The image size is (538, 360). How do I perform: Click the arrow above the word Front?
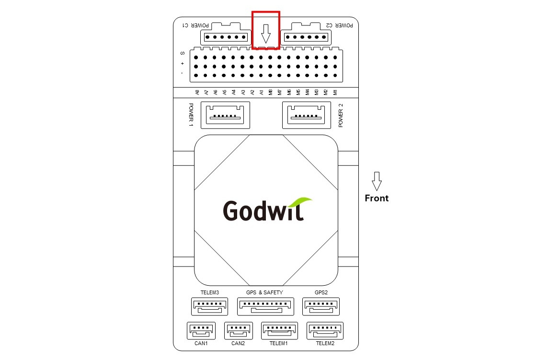pyautogui.click(x=377, y=181)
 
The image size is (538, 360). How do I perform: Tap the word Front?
pyautogui.click(x=377, y=198)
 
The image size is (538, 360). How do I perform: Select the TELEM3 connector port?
pyautogui.click(x=210, y=306)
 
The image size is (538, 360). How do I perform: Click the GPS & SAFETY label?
pyautogui.click(x=264, y=292)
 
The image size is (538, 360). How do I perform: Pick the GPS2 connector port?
pyautogui.click(x=321, y=306)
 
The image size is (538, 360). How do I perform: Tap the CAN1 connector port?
pyautogui.click(x=201, y=331)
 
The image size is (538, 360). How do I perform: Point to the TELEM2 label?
pyautogui.click(x=325, y=343)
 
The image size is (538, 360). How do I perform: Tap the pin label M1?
pyautogui.click(x=335, y=92)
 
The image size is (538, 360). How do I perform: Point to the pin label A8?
pyautogui.click(x=196, y=92)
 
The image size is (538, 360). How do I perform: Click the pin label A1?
pyautogui.click(x=261, y=92)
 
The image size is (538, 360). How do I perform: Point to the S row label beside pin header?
pyautogui.click(x=182, y=53)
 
